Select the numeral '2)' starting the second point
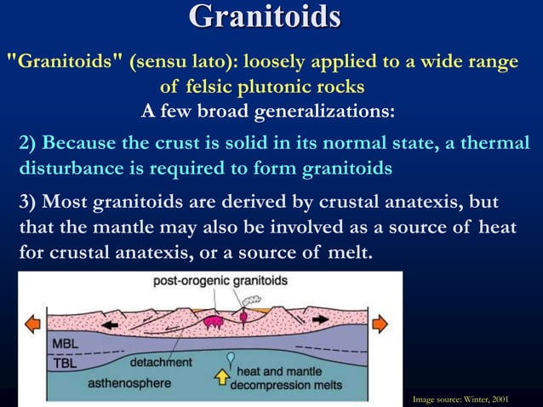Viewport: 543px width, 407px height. click(27, 142)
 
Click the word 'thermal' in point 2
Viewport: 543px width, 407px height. click(494, 142)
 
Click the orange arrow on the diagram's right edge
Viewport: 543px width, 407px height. click(380, 324)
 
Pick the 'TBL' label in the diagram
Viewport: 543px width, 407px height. click(67, 361)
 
